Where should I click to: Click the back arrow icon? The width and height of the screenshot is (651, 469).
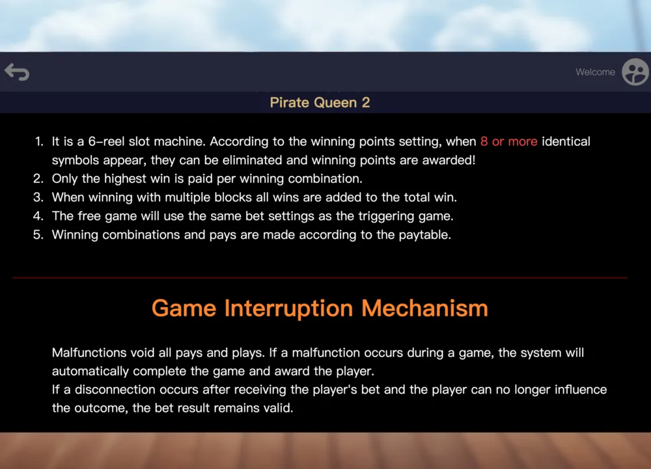click(17, 72)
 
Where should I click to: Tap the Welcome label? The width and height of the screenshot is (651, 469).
click(595, 72)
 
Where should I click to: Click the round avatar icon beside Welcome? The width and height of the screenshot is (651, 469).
click(635, 72)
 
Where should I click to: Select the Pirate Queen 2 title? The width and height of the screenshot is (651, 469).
click(320, 103)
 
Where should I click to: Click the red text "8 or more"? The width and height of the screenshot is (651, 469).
click(508, 141)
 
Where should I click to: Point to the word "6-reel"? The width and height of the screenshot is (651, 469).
click(106, 141)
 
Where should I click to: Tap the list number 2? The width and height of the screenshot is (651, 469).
click(38, 178)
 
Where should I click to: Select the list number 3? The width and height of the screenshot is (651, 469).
click(38, 197)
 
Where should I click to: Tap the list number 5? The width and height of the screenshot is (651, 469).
click(38, 234)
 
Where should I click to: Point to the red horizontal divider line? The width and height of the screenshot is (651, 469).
click(320, 277)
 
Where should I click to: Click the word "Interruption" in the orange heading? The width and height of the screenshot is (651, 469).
click(288, 309)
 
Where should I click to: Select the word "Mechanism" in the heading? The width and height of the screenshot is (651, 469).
click(424, 308)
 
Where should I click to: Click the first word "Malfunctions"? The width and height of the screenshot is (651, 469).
click(89, 352)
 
